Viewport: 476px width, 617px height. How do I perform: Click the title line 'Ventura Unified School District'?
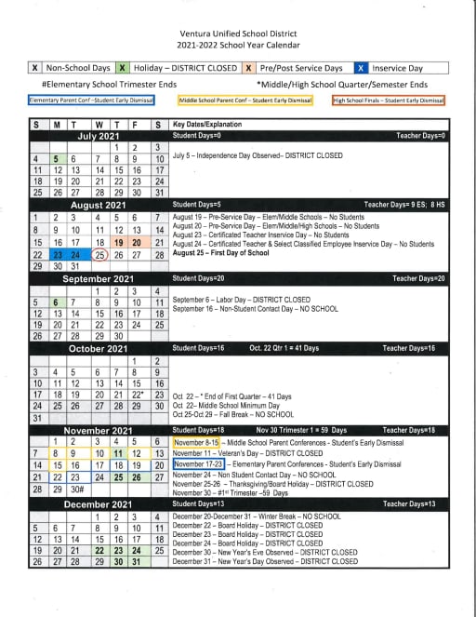(240, 32)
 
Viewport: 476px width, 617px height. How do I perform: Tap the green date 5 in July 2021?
(56, 159)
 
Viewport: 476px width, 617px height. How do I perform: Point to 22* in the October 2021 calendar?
(137, 394)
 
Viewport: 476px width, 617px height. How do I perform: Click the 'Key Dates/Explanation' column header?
(207, 124)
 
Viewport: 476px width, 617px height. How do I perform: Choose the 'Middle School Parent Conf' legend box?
(245, 100)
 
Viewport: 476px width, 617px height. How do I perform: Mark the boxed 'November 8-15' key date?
(196, 442)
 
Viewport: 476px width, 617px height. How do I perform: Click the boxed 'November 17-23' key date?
(199, 463)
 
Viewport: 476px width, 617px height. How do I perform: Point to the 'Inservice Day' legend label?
(398, 68)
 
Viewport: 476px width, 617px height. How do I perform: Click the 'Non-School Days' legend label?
(77, 68)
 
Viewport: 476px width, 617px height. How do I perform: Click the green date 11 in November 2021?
(118, 453)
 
